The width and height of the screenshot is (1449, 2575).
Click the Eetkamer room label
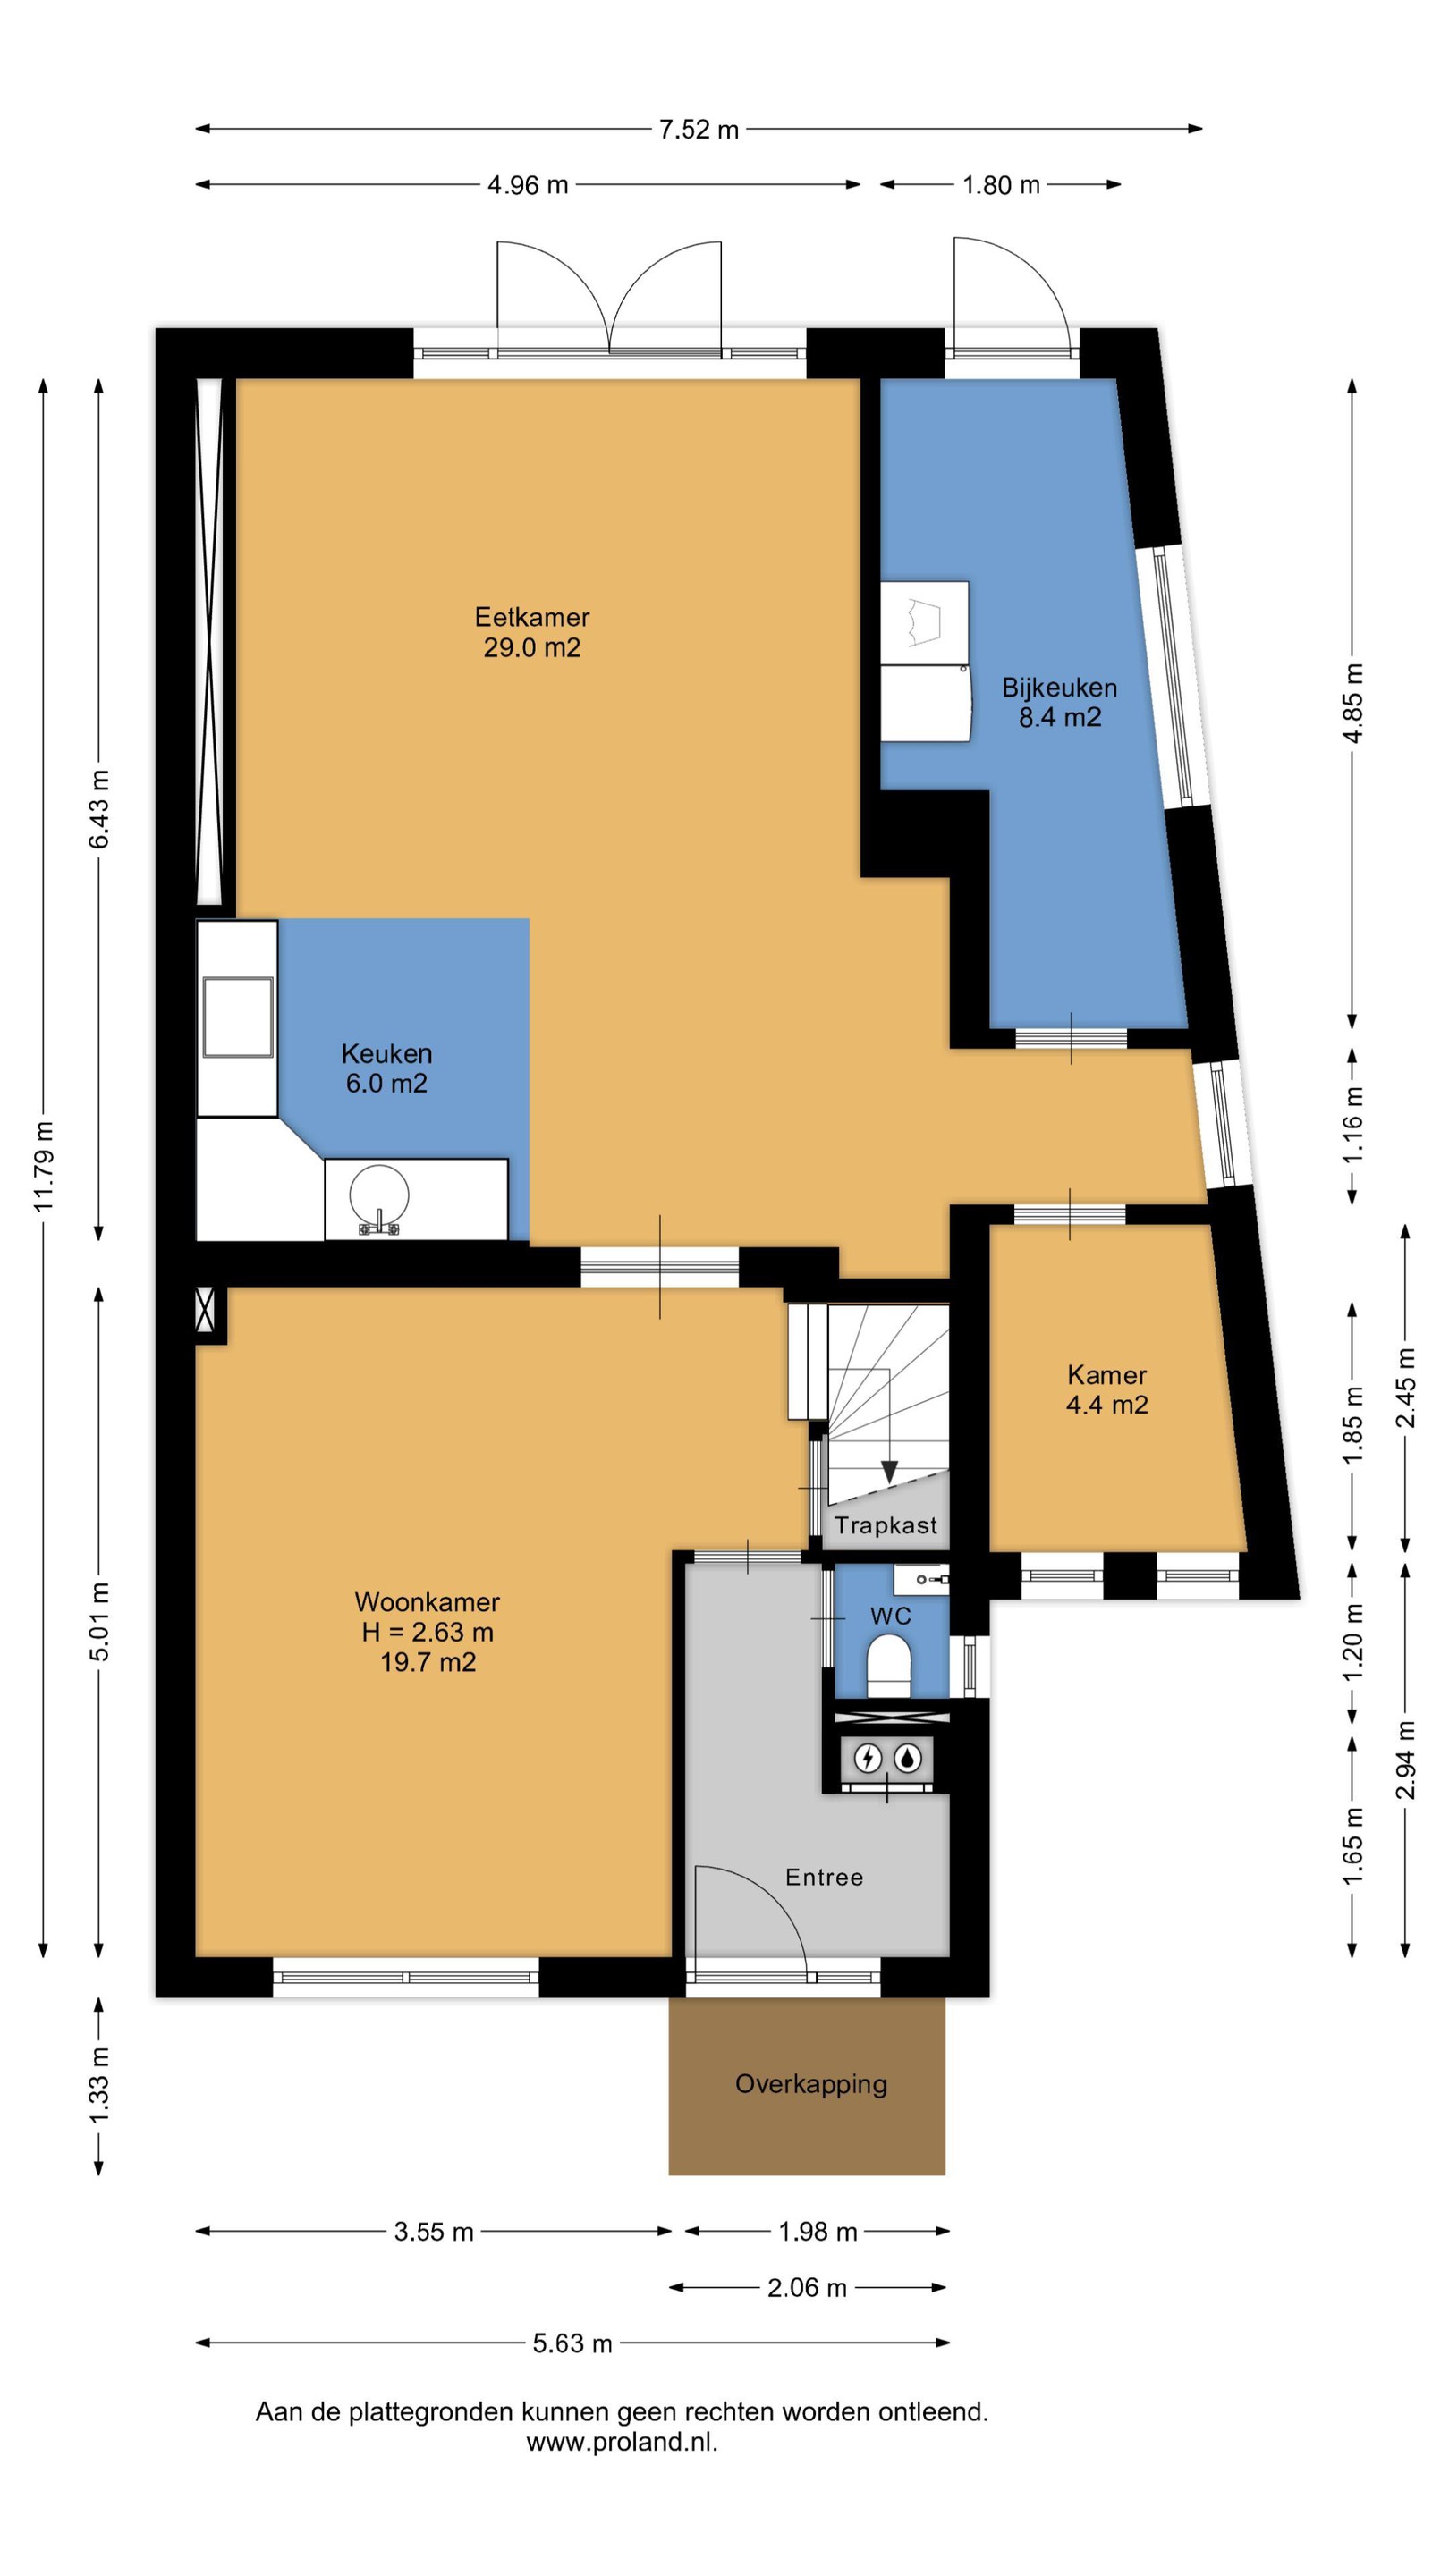point(532,632)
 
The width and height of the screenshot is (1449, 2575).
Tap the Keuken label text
point(387,1053)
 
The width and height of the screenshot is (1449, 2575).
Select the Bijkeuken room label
point(1060,702)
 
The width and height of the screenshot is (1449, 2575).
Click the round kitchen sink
point(379,1193)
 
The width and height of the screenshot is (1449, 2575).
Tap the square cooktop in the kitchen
point(238,1017)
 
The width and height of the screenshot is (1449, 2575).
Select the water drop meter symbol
point(907,1757)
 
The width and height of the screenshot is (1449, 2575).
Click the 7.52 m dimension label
point(699,129)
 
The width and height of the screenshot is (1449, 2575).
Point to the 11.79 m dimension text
point(44,1166)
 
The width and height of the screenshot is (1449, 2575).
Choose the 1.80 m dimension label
point(1001,185)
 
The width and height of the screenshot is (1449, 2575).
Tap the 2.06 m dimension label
point(807,2287)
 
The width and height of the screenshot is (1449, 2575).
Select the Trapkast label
point(886,1524)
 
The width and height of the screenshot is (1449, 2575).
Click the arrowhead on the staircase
point(889,1472)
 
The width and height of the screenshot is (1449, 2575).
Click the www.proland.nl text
point(622,2442)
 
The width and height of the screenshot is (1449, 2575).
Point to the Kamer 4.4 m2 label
point(1107,1389)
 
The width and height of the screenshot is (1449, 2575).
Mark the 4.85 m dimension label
point(1353,703)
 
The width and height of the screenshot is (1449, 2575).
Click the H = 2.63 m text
point(428,1633)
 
